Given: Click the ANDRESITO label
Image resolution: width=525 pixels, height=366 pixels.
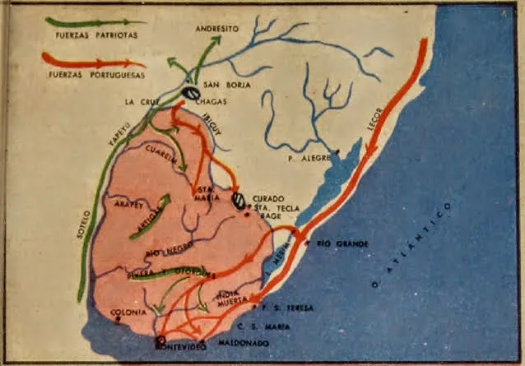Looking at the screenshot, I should [x=217, y=28].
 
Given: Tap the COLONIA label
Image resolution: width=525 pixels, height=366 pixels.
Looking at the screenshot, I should [x=131, y=313].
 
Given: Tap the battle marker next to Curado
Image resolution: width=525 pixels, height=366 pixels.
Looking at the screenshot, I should [x=239, y=200].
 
